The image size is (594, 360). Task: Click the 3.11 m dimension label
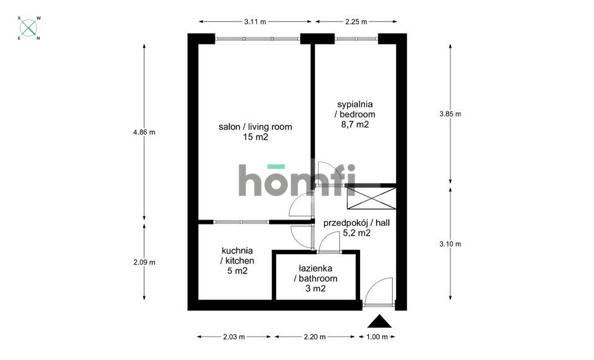tap(255, 22)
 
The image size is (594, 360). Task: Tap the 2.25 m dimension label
tap(356, 22)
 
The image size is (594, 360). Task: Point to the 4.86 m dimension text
tap(144, 132)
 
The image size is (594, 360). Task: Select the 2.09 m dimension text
tap(144, 262)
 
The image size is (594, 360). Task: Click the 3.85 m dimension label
tap(450, 114)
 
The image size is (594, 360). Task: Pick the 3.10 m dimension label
tap(450, 244)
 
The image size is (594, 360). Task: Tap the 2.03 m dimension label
tap(234, 336)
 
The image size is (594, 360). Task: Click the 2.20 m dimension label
tap(315, 336)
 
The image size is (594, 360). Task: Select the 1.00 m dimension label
tap(377, 336)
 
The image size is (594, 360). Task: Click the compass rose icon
tap(29, 28)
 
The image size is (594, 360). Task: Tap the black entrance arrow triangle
tap(379, 321)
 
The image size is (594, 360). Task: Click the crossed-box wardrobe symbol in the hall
tap(371, 199)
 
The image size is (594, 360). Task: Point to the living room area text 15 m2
tap(256, 137)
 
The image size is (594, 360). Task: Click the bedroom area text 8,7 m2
tap(355, 124)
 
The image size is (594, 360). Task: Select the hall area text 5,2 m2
tap(356, 233)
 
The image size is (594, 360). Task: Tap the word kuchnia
tap(237, 251)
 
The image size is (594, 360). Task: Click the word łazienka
tap(316, 268)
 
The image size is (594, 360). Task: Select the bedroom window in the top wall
tap(356, 38)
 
